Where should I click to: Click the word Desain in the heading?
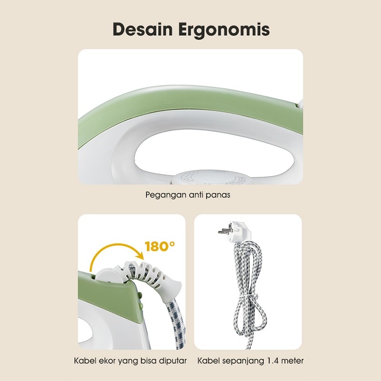(143, 30)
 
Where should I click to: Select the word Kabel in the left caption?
(84, 361)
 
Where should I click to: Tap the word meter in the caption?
(292, 361)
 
